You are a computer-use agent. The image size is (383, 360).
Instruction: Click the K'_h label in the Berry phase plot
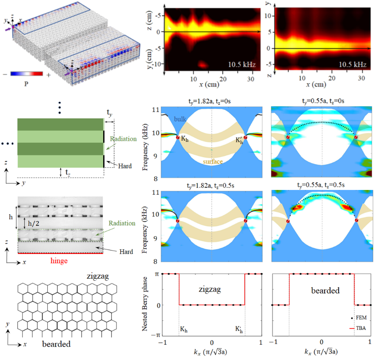pos(240,329)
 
